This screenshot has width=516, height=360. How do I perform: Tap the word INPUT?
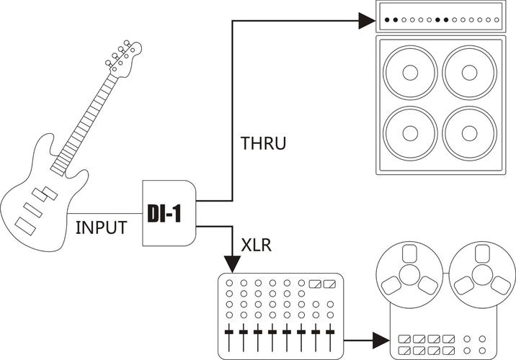pos(102,228)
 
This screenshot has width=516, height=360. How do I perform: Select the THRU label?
pos(263,143)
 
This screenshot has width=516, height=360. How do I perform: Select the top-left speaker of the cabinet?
pos(412,73)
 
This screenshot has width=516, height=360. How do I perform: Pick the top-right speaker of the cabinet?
pos(471,73)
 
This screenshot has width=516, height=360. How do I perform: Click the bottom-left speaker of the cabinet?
pos(412,135)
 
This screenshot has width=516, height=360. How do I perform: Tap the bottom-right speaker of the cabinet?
pos(471,135)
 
